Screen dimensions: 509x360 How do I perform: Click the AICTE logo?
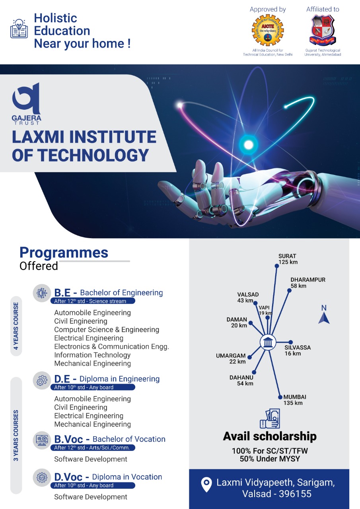[267, 31]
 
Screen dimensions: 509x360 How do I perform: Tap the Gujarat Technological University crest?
[323, 30]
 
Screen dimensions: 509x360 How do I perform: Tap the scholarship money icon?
[269, 419]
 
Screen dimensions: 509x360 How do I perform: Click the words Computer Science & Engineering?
[107, 330]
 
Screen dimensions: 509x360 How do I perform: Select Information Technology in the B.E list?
[92, 355]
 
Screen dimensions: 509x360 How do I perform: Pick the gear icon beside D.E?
[41, 381]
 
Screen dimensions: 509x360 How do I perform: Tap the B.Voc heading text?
[69, 439]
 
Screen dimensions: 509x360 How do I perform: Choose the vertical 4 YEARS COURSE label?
[16, 326]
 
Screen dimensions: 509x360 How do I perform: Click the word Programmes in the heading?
[64, 253]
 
